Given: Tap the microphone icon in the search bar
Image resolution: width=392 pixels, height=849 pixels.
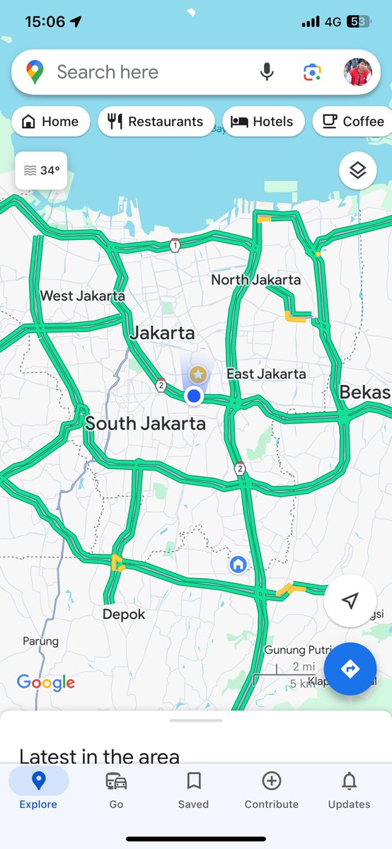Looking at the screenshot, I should (267, 72).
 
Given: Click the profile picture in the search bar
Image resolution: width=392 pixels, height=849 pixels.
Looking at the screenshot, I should (358, 72).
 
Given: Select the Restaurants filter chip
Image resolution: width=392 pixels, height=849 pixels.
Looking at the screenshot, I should (156, 122).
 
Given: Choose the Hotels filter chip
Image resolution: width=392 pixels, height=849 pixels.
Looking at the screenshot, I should (263, 122).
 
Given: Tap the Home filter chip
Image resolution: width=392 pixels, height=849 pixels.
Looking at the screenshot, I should (50, 122).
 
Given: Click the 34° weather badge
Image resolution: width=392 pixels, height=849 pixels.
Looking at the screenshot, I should (41, 171).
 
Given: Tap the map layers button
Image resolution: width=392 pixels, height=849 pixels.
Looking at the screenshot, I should (357, 171).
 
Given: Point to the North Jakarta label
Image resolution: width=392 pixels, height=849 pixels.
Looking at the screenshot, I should (255, 280).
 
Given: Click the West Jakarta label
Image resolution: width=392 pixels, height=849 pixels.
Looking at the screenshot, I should (82, 296).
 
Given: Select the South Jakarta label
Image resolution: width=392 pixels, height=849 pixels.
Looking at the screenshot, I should (145, 424).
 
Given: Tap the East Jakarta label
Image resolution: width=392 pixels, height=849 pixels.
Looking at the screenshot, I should (266, 374).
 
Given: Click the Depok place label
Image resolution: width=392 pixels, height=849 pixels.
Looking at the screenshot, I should (124, 614).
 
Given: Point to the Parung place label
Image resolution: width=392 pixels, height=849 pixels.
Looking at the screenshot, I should (40, 641).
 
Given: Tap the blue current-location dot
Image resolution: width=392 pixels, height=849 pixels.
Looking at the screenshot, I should (193, 396).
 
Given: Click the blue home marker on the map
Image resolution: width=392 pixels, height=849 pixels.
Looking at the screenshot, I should (238, 565).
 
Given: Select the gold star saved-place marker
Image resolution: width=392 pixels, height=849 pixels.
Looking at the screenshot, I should (199, 374).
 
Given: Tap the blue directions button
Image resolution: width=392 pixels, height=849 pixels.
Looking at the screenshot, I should (350, 669).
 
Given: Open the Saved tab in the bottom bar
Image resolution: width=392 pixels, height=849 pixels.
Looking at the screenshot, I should (193, 790).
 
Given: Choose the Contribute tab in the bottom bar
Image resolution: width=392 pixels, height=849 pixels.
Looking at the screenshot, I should (272, 790).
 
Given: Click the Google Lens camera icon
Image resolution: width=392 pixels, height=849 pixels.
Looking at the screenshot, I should (312, 72).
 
